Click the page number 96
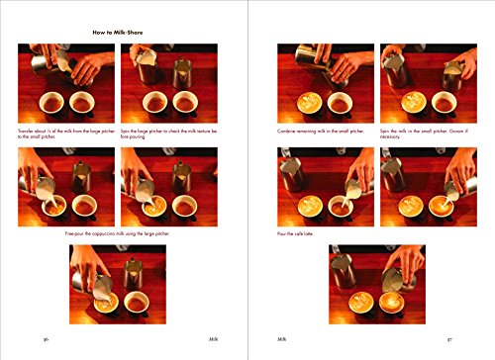coord(46,338)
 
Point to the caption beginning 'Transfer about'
coord(65,132)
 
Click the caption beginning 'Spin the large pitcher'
coord(167,132)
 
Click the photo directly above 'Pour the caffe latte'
coord(326,187)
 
